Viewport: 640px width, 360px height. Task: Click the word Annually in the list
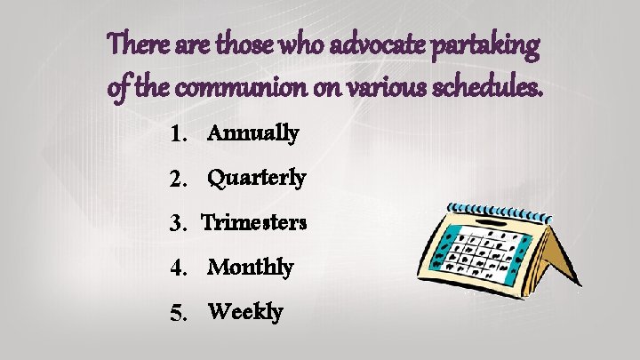252,134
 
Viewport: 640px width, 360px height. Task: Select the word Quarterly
257,179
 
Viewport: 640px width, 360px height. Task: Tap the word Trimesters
254,222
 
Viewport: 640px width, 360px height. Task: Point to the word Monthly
251,267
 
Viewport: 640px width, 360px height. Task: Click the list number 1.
180,135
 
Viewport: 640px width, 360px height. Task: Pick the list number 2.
180,180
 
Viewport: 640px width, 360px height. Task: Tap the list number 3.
180,223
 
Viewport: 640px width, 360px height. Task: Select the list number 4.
180,268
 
